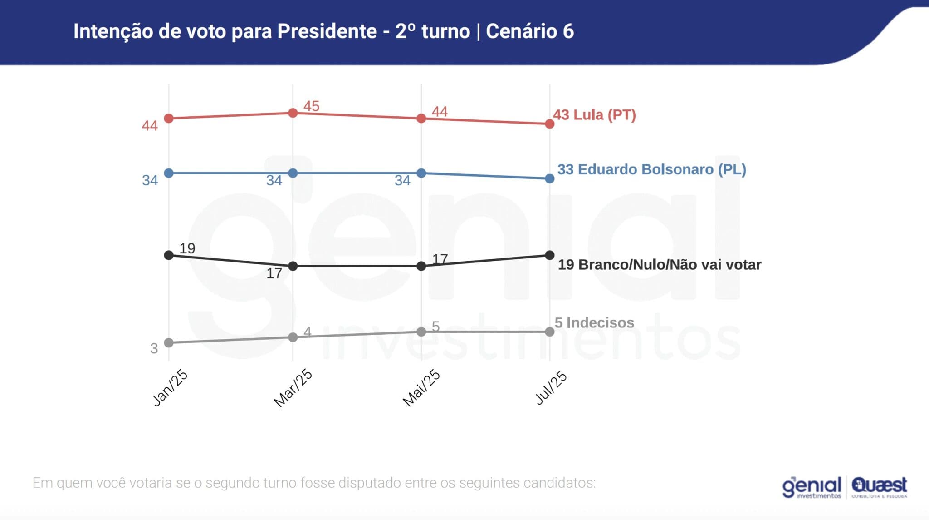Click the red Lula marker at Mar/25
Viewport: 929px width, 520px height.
tap(293, 113)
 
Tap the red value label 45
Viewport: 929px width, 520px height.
tap(311, 106)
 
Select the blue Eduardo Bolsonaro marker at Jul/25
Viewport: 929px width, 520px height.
tap(549, 178)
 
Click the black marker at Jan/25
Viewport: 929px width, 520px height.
tap(169, 255)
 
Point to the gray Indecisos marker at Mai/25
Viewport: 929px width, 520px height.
tap(421, 332)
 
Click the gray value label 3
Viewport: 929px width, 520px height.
tap(154, 348)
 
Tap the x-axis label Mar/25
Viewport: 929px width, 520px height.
tap(293, 388)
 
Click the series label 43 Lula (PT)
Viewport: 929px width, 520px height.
tap(594, 114)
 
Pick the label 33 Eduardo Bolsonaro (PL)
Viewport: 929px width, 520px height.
tap(651, 169)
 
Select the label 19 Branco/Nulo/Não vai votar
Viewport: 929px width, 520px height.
tap(659, 264)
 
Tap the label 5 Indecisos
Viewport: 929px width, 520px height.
tap(594, 322)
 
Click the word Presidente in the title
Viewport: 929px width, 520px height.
tap(327, 31)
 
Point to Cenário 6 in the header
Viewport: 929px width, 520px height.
tap(530, 31)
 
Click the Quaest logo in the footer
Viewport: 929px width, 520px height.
tap(879, 487)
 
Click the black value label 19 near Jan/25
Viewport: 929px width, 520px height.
tap(187, 248)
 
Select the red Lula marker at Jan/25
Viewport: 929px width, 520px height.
tap(169, 119)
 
